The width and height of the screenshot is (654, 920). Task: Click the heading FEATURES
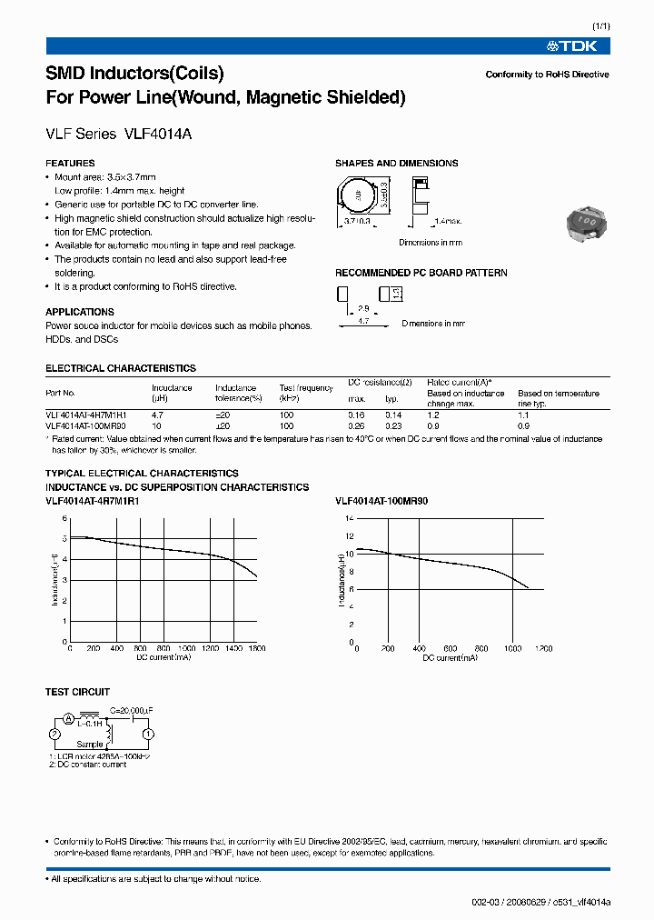click(x=70, y=164)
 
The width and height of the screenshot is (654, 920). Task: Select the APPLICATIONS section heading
click(x=80, y=312)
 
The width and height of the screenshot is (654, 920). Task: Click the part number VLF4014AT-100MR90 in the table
click(x=86, y=425)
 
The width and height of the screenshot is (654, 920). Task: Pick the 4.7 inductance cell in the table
click(x=158, y=414)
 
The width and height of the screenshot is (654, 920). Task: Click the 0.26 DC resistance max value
click(x=356, y=425)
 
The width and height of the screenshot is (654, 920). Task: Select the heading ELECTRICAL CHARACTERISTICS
click(x=120, y=368)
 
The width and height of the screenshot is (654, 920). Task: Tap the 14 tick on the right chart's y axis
click(x=350, y=518)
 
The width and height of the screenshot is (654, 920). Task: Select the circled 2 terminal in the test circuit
click(x=54, y=734)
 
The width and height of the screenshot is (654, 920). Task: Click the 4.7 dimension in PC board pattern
click(x=363, y=322)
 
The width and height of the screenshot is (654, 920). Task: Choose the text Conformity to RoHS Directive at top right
click(x=547, y=75)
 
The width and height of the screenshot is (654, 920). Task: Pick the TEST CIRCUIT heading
click(x=77, y=692)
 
